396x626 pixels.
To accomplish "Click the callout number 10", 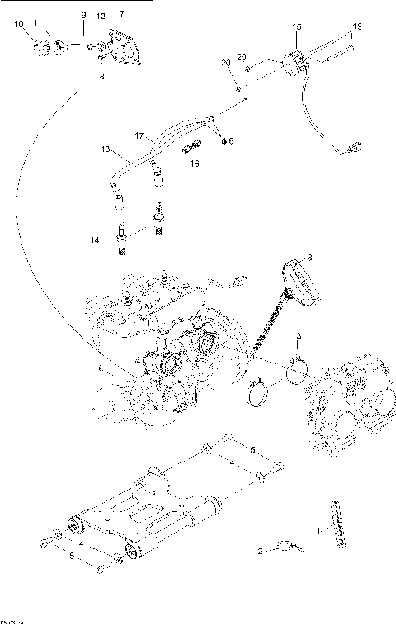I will (x=19, y=26).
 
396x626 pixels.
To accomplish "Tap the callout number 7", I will (x=122, y=15).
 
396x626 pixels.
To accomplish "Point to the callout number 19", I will (x=357, y=28).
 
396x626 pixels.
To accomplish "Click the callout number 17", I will (x=140, y=135).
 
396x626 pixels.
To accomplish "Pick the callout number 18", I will (x=106, y=149).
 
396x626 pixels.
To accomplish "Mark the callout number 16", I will (x=195, y=164).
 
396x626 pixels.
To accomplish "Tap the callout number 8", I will (x=101, y=76).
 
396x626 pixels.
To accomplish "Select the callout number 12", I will (x=101, y=17).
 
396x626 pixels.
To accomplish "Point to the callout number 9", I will (x=82, y=15).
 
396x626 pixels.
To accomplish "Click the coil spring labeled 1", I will (x=335, y=522).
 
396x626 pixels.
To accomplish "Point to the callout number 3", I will (x=310, y=258).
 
